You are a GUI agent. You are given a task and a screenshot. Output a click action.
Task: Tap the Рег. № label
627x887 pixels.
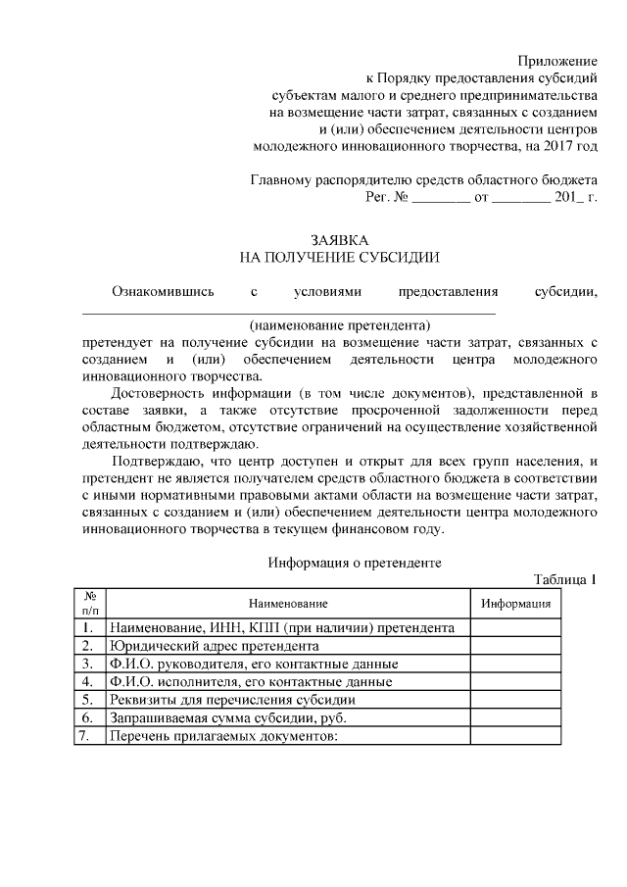click(385, 197)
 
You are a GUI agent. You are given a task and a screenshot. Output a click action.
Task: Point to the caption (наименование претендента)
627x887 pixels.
click(340, 324)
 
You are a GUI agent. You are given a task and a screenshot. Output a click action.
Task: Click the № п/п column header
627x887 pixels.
click(89, 603)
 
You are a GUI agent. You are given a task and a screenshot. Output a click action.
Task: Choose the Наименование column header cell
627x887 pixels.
click(287, 603)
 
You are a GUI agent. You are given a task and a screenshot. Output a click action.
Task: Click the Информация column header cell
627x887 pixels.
click(514, 603)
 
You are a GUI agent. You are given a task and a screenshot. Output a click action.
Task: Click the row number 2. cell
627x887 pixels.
click(89, 646)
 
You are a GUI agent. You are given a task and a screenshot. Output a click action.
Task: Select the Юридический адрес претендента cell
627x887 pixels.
click(214, 646)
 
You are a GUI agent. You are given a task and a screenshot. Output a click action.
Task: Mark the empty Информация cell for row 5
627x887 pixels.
click(514, 700)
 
